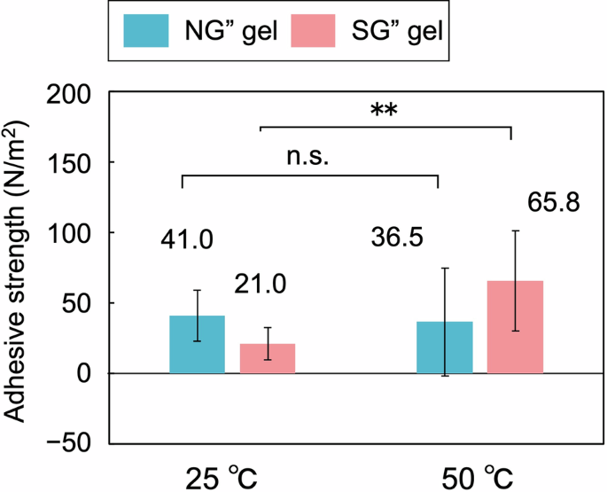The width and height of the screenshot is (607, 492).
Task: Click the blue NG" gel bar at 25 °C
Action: (x=197, y=345)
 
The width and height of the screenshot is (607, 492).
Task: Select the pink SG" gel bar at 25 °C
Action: (x=268, y=358)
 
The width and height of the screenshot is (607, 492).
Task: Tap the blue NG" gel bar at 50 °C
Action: (x=444, y=347)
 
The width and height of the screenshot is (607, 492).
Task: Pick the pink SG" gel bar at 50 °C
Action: (x=515, y=327)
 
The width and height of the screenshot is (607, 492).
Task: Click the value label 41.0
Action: (x=187, y=239)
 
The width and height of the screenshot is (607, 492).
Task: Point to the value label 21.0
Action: (x=261, y=285)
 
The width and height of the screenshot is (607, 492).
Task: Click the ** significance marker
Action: (x=385, y=111)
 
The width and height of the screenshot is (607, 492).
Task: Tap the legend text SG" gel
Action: (x=403, y=32)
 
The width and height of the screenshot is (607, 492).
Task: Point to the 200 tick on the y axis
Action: (x=74, y=92)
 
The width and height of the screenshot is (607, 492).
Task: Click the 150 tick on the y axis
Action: (x=74, y=162)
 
